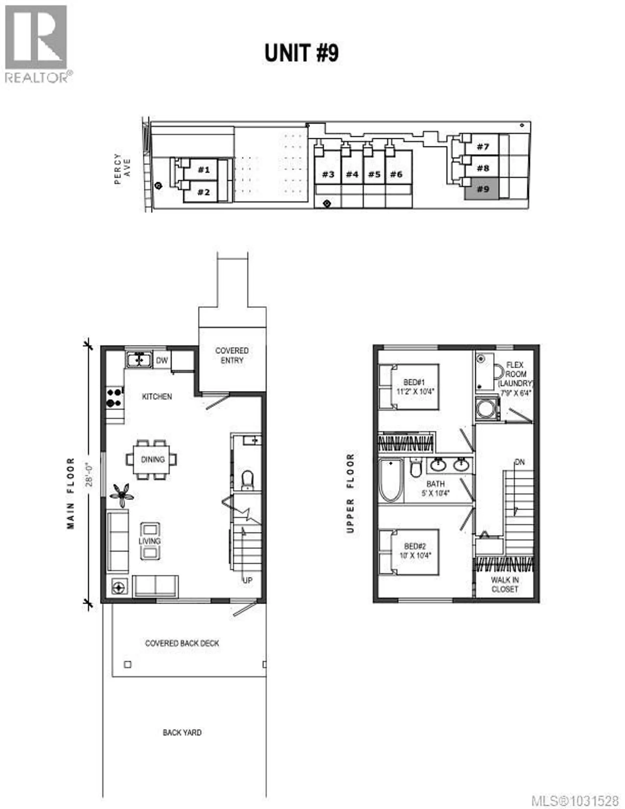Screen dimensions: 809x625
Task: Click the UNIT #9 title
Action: pyautogui.click(x=301, y=53)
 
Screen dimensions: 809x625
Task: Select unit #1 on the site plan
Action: pyautogui.click(x=203, y=170)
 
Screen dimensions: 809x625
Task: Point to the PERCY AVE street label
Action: pyautogui.click(x=122, y=169)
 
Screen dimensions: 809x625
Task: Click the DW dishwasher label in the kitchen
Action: pyautogui.click(x=161, y=360)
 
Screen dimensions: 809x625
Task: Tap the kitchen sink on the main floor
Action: pyautogui.click(x=139, y=359)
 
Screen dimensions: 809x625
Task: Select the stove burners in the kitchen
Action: pyautogui.click(x=115, y=397)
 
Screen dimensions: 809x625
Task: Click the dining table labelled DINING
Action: pyautogui.click(x=152, y=459)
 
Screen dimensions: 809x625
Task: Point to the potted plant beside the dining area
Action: pyautogui.click(x=121, y=494)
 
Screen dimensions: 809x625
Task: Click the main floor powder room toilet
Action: pyautogui.click(x=247, y=480)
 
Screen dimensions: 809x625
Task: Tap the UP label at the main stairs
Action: pyautogui.click(x=247, y=580)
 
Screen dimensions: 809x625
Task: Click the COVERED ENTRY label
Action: pyautogui.click(x=232, y=355)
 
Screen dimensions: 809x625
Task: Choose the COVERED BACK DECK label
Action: pyautogui.click(x=182, y=643)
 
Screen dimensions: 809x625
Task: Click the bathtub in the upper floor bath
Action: pyautogui.click(x=391, y=481)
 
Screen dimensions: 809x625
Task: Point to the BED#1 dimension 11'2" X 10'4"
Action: pyautogui.click(x=415, y=391)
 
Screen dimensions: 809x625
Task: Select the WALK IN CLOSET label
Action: pyautogui.click(x=505, y=584)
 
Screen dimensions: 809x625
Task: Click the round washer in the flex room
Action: pyautogui.click(x=486, y=409)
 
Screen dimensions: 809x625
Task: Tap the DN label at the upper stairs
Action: pyautogui.click(x=520, y=462)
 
